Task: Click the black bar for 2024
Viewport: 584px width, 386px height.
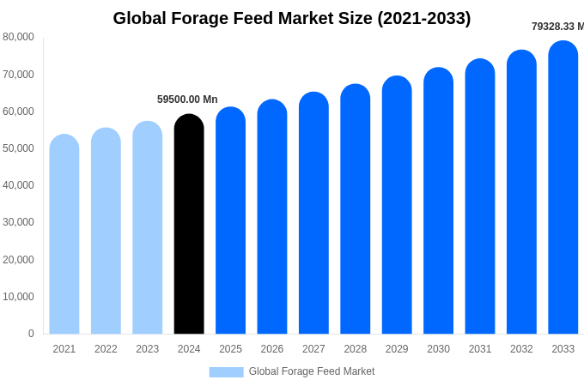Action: (x=189, y=225)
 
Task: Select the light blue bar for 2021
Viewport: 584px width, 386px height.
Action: (x=64, y=234)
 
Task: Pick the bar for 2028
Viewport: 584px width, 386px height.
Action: (x=356, y=209)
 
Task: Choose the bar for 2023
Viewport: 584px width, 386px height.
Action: (x=148, y=227)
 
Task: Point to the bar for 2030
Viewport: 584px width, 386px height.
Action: (x=438, y=201)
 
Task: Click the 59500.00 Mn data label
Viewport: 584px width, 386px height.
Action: (x=187, y=100)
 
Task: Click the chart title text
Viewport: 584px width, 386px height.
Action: (x=292, y=18)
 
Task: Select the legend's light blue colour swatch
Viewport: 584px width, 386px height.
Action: (x=226, y=371)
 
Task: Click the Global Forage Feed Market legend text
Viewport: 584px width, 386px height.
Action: (x=312, y=371)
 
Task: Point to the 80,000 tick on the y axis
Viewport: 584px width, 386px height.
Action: (x=18, y=37)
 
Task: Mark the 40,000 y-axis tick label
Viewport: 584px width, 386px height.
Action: (x=18, y=185)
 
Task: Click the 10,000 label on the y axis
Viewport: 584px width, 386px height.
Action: (x=18, y=297)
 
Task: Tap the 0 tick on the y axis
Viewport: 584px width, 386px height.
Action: (x=31, y=334)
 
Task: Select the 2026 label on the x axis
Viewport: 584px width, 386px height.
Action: (x=272, y=349)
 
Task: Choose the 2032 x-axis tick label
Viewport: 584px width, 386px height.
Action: (x=521, y=349)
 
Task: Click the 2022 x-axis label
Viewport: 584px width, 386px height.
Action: (x=106, y=349)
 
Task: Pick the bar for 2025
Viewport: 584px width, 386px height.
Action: (x=230, y=220)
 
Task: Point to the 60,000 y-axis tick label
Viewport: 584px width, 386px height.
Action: (x=18, y=112)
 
